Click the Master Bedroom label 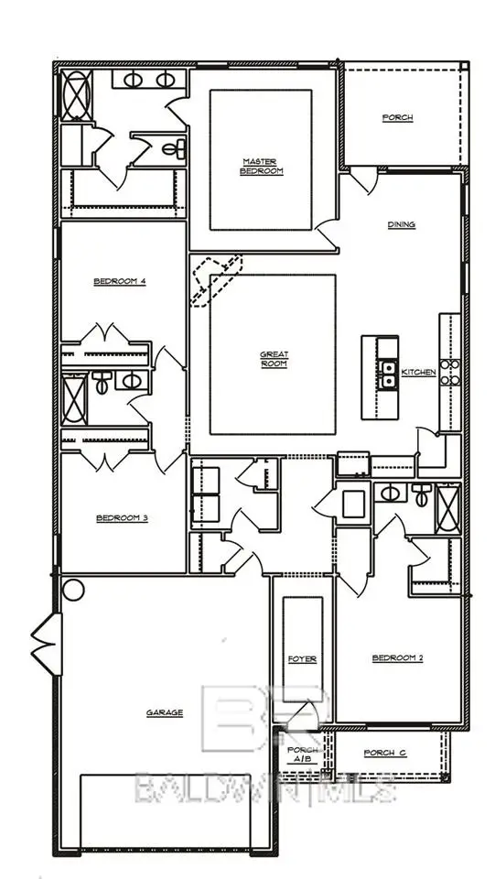tap(261, 166)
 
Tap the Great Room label tap(273, 359)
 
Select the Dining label tap(402, 224)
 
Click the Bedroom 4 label tap(120, 281)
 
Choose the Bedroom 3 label tap(122, 518)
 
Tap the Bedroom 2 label tap(397, 657)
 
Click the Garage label tap(165, 712)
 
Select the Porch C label tap(385, 753)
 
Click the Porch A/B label tap(302, 754)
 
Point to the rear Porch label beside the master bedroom tap(396, 118)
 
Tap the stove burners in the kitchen tap(448, 371)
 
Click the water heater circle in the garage tap(72, 589)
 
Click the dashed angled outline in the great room tap(216, 279)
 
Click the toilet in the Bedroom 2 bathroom tap(422, 494)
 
